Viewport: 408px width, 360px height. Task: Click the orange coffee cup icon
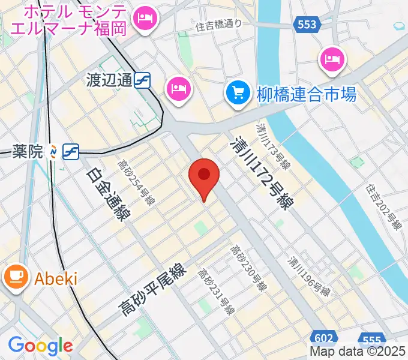click(16, 277)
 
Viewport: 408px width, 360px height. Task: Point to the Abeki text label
click(56, 278)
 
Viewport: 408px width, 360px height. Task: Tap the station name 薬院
click(28, 152)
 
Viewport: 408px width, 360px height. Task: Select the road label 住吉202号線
click(385, 208)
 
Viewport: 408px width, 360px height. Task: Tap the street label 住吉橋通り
click(218, 25)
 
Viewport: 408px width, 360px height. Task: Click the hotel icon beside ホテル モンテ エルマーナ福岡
click(144, 19)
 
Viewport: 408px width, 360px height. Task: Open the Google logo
click(40, 346)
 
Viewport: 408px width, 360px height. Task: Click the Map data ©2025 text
click(358, 352)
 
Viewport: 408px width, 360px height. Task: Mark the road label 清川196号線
click(308, 277)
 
